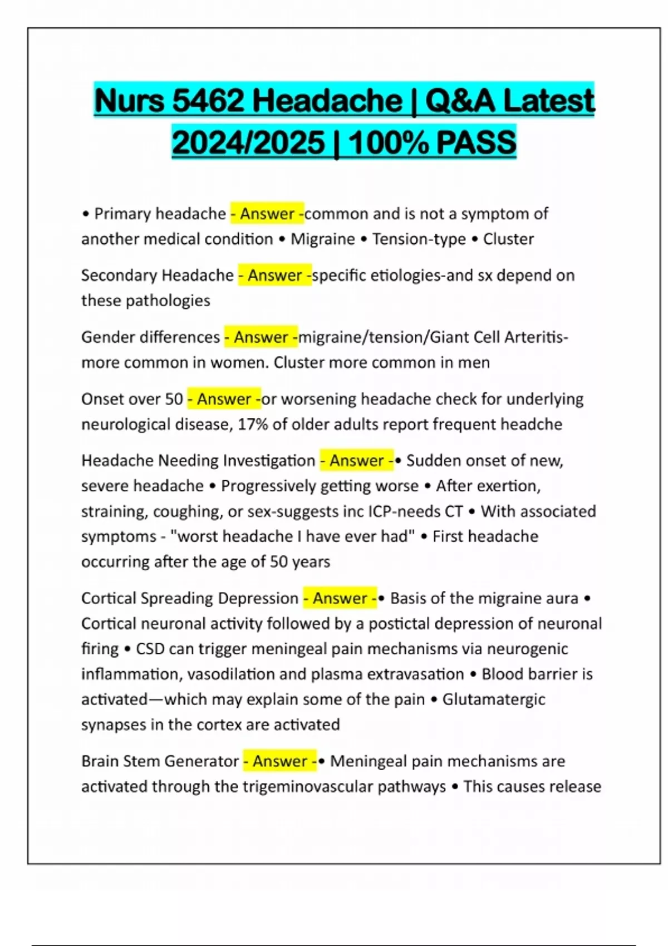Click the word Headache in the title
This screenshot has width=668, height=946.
pyautogui.click(x=327, y=101)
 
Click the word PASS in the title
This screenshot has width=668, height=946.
pyautogui.click(x=477, y=142)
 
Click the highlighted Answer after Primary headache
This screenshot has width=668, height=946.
pyautogui.click(x=267, y=214)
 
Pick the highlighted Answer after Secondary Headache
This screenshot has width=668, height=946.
pyautogui.click(x=275, y=275)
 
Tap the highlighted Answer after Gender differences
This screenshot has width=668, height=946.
pyautogui.click(x=261, y=337)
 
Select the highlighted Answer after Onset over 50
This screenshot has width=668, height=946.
pyautogui.click(x=224, y=399)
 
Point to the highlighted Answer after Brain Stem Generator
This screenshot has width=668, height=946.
pyautogui.click(x=280, y=761)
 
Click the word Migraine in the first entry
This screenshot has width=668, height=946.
pyautogui.click(x=323, y=239)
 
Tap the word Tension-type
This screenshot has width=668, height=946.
pyautogui.click(x=419, y=239)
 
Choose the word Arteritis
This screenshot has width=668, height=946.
pyautogui.click(x=537, y=337)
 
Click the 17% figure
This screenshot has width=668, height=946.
pyautogui.click(x=252, y=425)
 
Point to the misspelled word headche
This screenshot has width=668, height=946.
pyautogui.click(x=531, y=425)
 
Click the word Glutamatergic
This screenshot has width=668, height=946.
pyautogui.click(x=494, y=699)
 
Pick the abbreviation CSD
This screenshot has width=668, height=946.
pyautogui.click(x=150, y=649)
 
